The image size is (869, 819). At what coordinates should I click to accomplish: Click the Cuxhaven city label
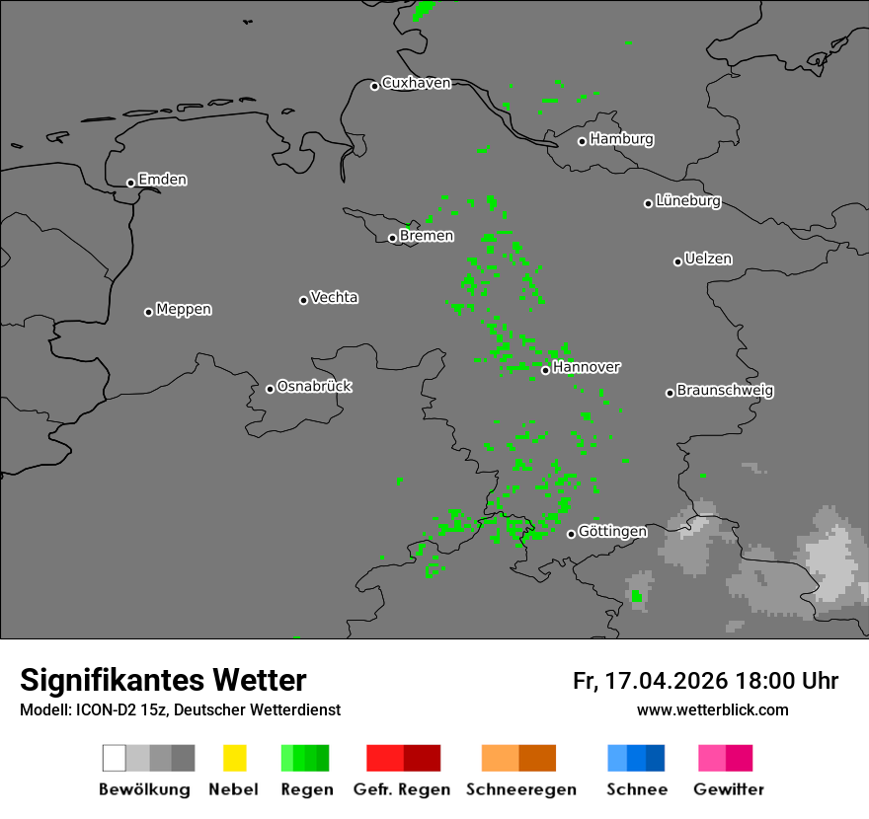point(416,83)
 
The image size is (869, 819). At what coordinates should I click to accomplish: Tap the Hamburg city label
point(621,139)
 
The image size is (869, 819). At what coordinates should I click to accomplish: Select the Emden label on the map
point(162,180)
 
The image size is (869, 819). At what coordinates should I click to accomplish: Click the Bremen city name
point(427,236)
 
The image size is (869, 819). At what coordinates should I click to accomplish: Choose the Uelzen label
point(708,260)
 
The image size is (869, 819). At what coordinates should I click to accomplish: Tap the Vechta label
point(334,297)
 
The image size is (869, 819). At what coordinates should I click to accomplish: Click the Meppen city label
point(184,310)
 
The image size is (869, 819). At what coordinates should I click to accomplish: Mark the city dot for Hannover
point(545,370)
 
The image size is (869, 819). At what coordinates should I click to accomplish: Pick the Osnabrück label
point(314,387)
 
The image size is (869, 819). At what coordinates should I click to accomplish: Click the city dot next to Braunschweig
point(670,393)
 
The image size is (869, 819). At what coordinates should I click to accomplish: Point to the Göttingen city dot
point(571,534)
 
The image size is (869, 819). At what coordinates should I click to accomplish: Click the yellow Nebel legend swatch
point(234,758)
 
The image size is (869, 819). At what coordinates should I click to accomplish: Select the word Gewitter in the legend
point(729,789)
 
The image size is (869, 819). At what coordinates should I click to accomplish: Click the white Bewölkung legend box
point(115,758)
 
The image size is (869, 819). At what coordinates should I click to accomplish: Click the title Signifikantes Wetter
point(163,680)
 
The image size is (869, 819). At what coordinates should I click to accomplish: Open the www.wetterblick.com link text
point(712,710)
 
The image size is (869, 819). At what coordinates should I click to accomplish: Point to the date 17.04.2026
point(665,681)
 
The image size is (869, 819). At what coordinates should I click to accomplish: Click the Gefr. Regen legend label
point(402,789)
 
